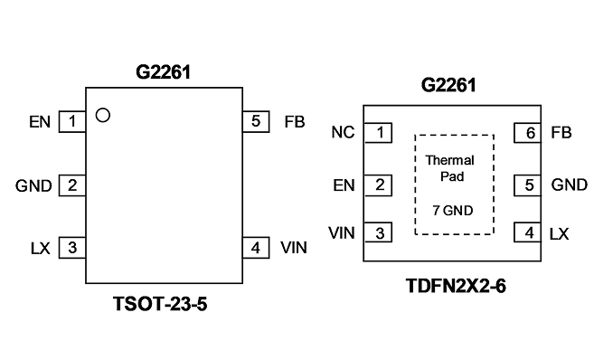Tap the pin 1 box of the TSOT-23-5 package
pos(72,122)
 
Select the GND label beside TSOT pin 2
pos(33,185)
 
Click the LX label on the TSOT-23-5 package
pos(41,248)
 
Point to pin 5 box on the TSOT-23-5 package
pos(256,122)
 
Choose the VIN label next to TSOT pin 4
pos(294,247)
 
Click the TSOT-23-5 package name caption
pos(160,304)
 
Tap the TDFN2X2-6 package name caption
pos(456,286)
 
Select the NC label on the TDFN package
pos(343,132)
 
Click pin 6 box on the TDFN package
pos(528,133)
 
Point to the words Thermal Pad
pos(450,168)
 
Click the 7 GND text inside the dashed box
pos(453,211)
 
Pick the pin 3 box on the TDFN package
pos(378,232)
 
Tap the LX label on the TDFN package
pos(559,234)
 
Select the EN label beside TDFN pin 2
pos(344,185)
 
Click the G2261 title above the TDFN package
pos(448,85)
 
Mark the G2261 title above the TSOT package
pos(164,72)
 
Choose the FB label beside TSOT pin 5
pos(295,122)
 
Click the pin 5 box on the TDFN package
pos(528,185)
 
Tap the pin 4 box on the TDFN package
pos(528,232)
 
